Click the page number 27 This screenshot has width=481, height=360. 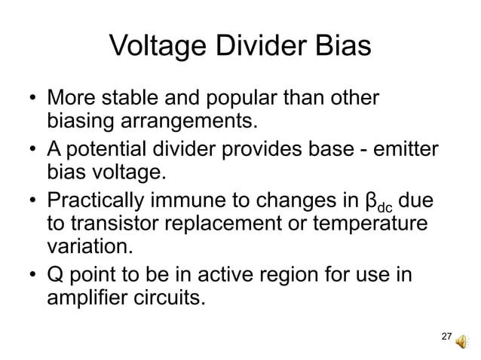[446, 335]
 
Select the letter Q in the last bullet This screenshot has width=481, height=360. [55, 274]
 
